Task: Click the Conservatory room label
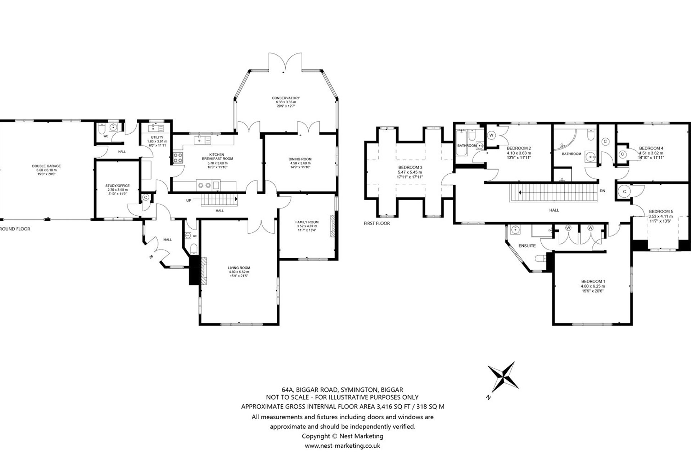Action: [x=285, y=98]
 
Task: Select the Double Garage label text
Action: [x=46, y=166]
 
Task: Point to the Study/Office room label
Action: [x=117, y=186]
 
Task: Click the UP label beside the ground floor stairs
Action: [x=189, y=201]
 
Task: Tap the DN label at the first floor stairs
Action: [x=602, y=191]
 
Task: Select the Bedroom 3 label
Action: [x=410, y=167]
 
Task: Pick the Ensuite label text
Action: [x=527, y=246]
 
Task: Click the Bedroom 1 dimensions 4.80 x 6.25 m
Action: [x=593, y=286]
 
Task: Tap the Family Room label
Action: [x=307, y=222]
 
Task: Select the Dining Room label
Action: [x=300, y=159]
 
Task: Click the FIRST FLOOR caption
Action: [x=376, y=223]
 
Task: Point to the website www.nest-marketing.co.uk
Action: [x=342, y=446]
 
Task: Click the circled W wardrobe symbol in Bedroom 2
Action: [x=492, y=135]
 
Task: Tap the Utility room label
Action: [x=157, y=137]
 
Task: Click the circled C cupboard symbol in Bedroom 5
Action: [x=625, y=192]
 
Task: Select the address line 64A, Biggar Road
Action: [x=342, y=389]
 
